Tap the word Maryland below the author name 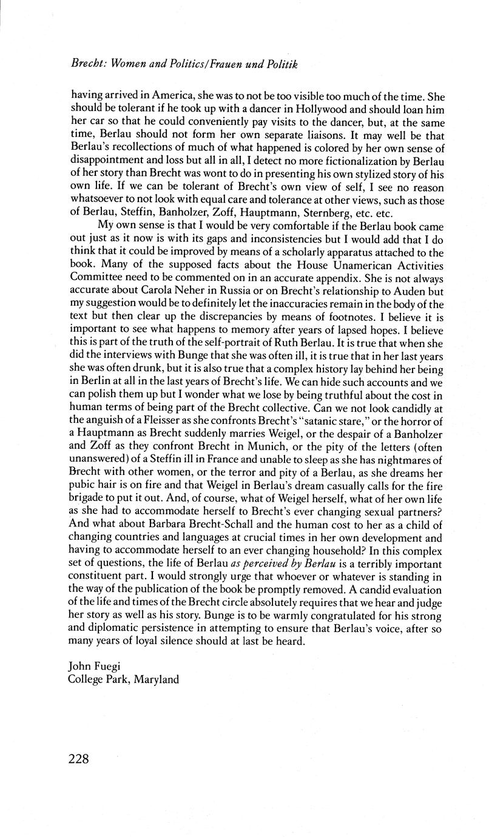pos(151,679)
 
